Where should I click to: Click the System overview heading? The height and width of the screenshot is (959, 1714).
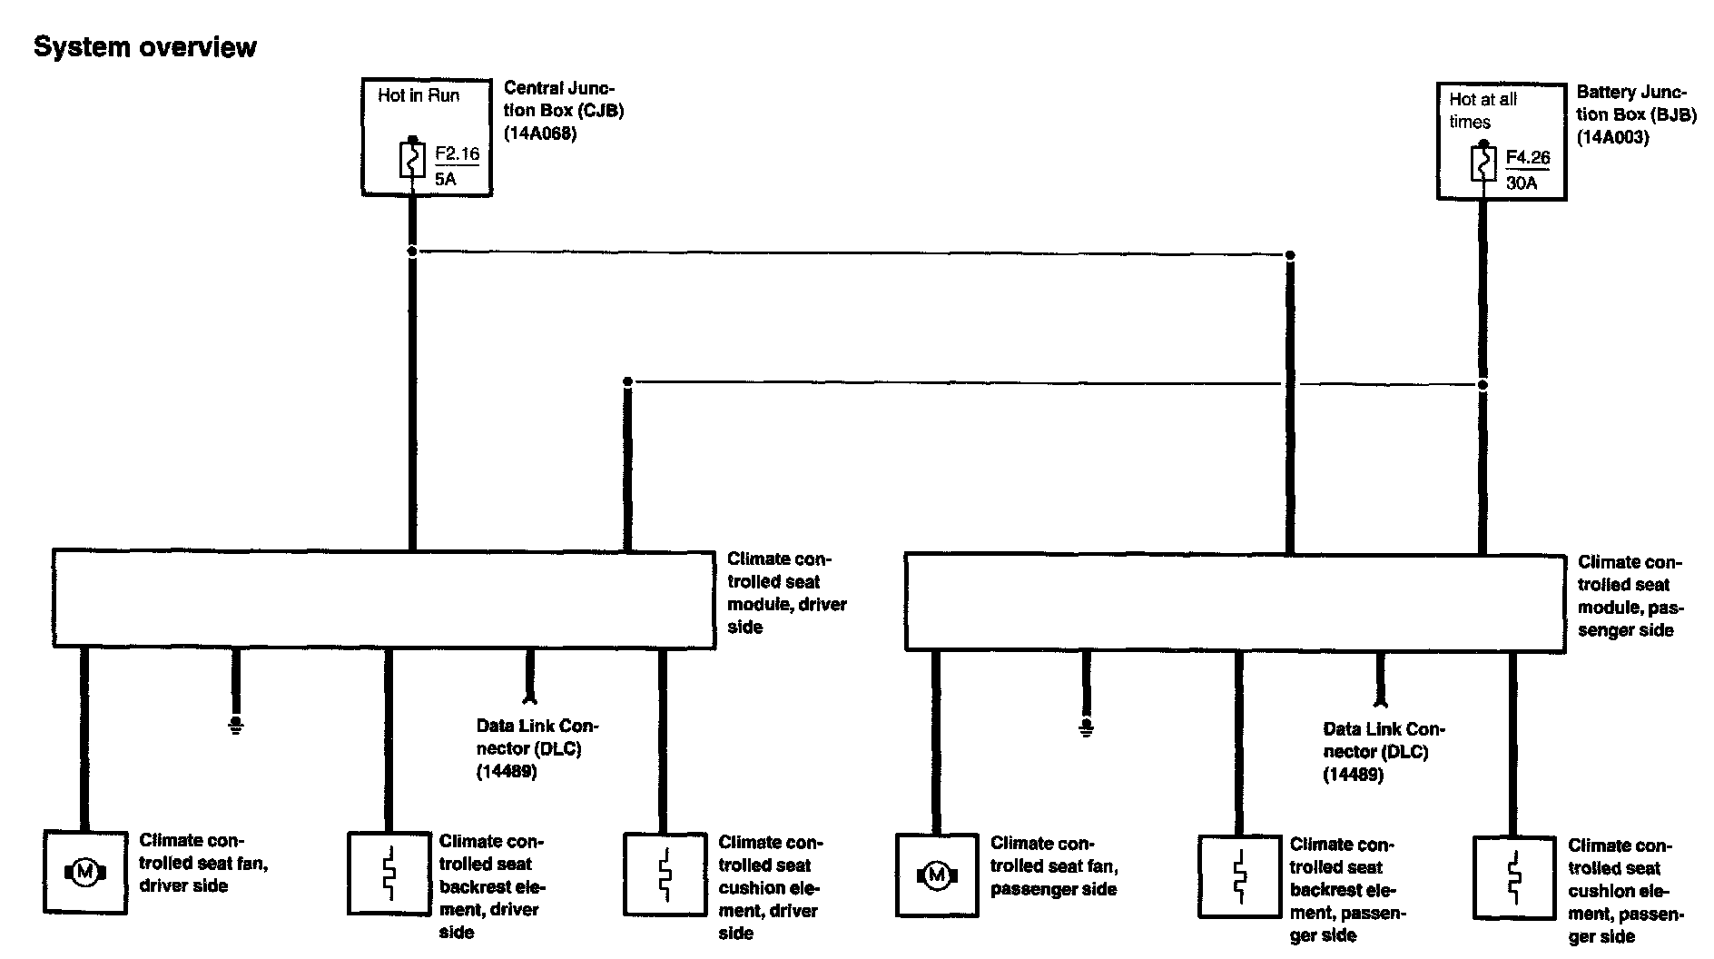pyautogui.click(x=145, y=47)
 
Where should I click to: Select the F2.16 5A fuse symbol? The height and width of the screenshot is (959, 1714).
pyautogui.click(x=412, y=161)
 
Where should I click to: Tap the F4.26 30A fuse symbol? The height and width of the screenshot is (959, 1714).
pyautogui.click(x=1483, y=164)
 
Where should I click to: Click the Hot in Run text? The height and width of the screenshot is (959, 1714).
pyautogui.click(x=419, y=95)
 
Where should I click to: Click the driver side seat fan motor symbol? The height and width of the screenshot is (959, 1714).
pyautogui.click(x=85, y=873)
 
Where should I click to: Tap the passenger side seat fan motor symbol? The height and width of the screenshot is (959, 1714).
pyautogui.click(x=937, y=875)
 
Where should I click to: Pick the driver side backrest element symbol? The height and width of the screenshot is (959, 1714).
pyautogui.click(x=389, y=874)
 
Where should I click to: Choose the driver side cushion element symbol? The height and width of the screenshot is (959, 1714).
pyautogui.click(x=665, y=874)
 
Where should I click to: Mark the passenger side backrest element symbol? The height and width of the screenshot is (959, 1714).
pyautogui.click(x=1239, y=876)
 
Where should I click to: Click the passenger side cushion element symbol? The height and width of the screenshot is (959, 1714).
pyautogui.click(x=1513, y=876)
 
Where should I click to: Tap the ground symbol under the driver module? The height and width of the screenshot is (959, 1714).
pyautogui.click(x=236, y=725)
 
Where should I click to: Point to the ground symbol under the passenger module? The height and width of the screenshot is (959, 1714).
pyautogui.click(x=1086, y=727)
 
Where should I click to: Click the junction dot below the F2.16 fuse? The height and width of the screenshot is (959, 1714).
pyautogui.click(x=412, y=251)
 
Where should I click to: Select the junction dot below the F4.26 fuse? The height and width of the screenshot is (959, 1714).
pyautogui.click(x=1483, y=384)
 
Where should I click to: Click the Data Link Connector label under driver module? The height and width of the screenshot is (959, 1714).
pyautogui.click(x=537, y=748)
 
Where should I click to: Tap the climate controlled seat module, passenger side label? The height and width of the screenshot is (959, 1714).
pyautogui.click(x=1629, y=596)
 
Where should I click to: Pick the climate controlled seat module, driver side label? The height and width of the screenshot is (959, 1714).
pyautogui.click(x=786, y=592)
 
